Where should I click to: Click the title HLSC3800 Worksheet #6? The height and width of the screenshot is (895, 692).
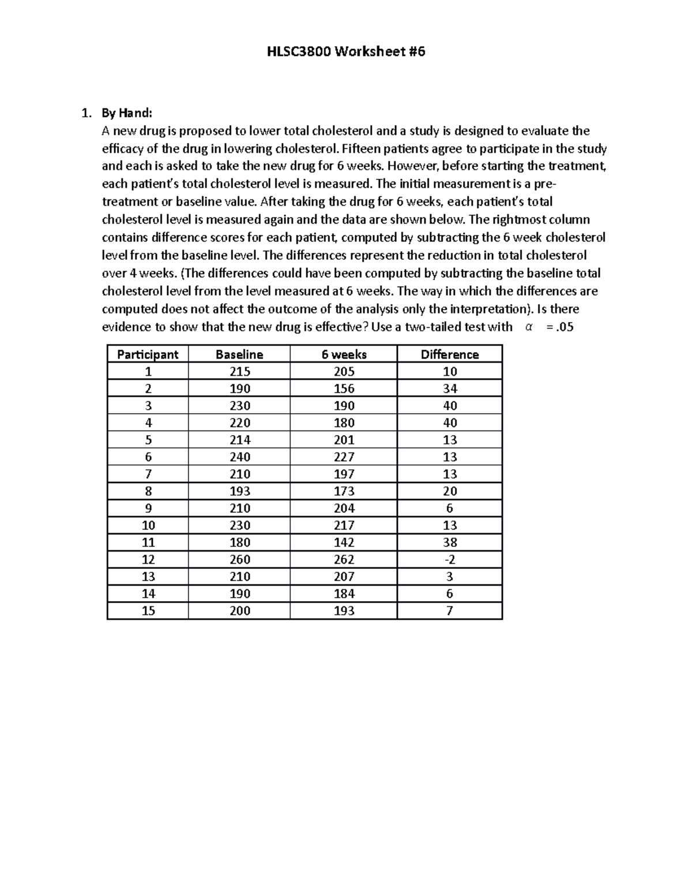(x=345, y=52)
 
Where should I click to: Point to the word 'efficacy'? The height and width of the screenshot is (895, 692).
(x=123, y=149)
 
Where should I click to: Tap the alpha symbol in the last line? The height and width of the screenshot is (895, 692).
(x=529, y=327)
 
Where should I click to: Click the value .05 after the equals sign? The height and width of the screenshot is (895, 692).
(x=563, y=327)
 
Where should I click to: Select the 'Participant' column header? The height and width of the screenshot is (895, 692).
(x=148, y=354)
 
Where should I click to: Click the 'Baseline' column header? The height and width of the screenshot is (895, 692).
(x=239, y=354)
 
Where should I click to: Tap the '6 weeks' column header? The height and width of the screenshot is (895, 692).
(x=344, y=354)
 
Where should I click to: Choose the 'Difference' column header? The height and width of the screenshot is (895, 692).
(x=450, y=354)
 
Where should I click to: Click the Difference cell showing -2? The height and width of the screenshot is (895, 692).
(x=450, y=560)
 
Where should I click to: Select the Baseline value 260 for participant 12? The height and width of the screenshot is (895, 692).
(x=239, y=560)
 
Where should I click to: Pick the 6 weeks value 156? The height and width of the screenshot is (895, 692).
(x=344, y=389)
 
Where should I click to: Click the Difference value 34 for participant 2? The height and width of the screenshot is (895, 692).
(x=450, y=389)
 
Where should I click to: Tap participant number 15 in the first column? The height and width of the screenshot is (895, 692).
(x=148, y=611)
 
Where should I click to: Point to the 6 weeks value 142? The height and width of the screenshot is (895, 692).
(x=344, y=542)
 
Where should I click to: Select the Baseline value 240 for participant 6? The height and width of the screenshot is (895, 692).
(x=239, y=457)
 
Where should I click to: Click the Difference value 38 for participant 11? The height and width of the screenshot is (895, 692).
(x=450, y=542)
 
